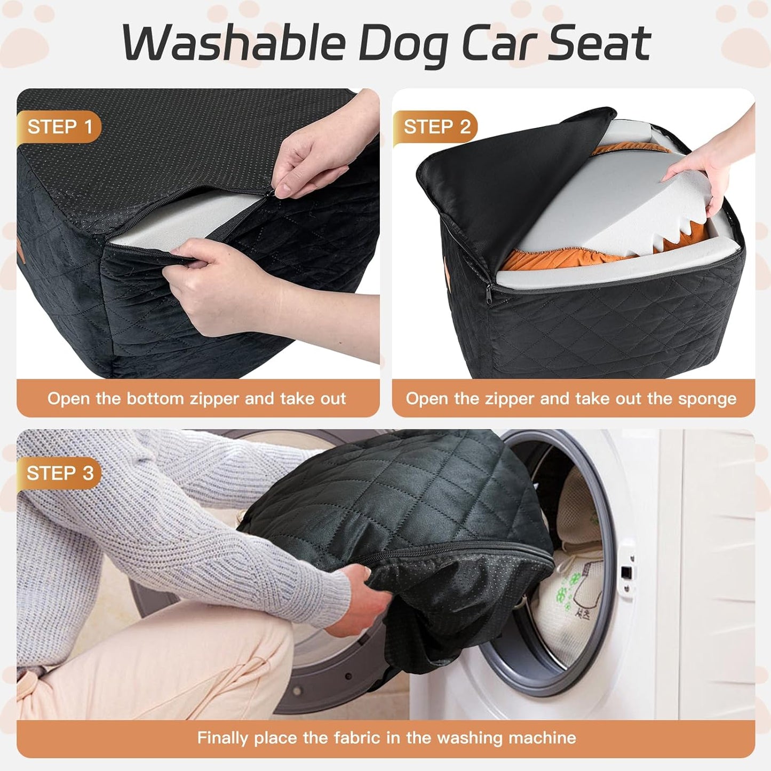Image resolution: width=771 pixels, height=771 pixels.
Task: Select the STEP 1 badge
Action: [60, 127]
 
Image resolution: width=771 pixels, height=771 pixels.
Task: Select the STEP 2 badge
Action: [436, 127]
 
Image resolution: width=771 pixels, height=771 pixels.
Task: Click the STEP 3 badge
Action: [60, 473]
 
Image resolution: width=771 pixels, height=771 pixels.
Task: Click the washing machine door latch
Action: [627, 574]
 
